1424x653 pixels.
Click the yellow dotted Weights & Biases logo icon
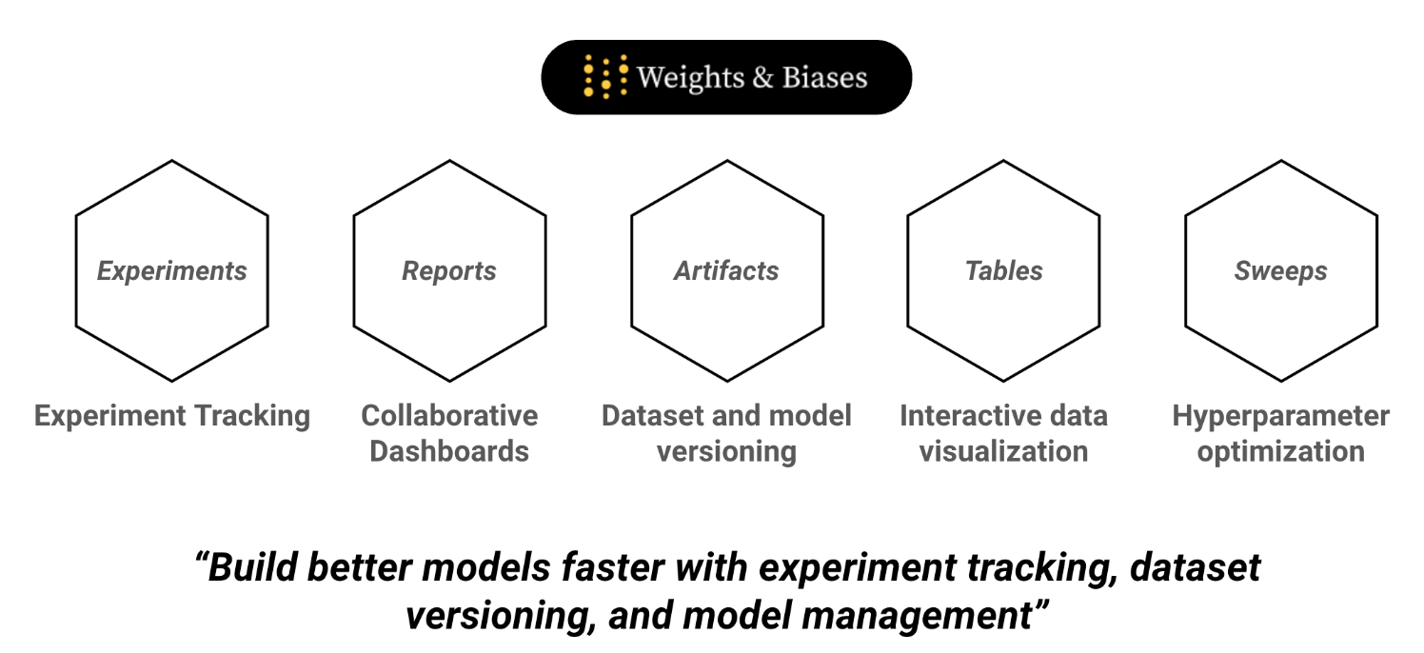coord(605,77)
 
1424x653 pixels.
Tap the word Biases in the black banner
coord(824,77)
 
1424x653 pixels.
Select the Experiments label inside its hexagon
coord(172,271)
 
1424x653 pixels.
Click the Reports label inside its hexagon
coord(449,271)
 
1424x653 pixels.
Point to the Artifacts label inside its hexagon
coord(726,271)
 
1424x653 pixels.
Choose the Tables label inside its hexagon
coord(1004,271)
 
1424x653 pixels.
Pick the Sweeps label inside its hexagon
coord(1280,271)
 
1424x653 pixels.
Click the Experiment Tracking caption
coord(172,416)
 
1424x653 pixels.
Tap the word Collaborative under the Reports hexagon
coord(449,416)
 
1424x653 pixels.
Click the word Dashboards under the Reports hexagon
coord(449,450)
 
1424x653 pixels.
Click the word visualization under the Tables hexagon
coord(1004,450)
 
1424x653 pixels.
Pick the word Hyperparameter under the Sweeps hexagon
coord(1280,416)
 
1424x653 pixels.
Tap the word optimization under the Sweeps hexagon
coord(1280,450)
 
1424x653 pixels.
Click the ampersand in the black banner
coord(761,77)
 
